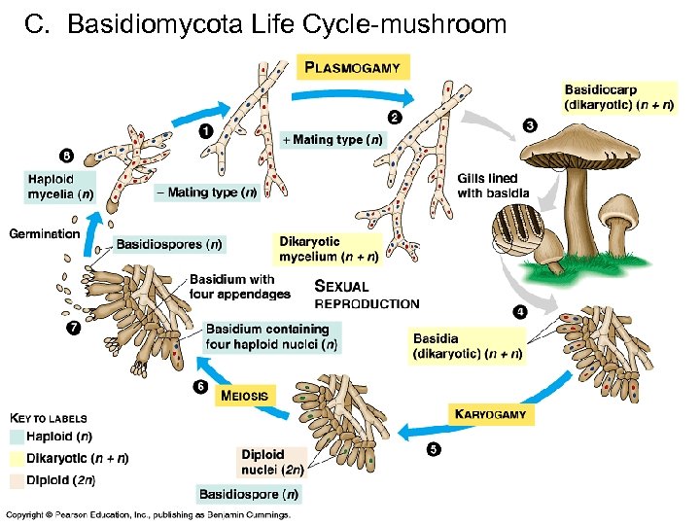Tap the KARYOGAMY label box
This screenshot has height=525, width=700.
[x=491, y=413]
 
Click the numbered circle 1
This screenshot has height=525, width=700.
[x=206, y=131]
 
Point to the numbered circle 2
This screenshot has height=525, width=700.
[x=394, y=118]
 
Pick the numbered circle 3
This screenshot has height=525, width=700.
[x=529, y=124]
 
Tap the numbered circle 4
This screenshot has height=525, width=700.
[x=519, y=311]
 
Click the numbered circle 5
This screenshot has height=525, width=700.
[x=433, y=448]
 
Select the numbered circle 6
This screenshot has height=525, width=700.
[x=200, y=387]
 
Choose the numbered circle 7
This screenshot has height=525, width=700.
[x=74, y=328]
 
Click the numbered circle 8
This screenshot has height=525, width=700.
[x=66, y=155]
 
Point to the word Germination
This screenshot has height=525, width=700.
[x=45, y=233]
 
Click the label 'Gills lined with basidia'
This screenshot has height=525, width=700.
[x=494, y=186]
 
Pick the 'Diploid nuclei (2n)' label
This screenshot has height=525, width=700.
[x=272, y=461]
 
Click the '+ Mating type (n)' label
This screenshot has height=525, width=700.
[x=332, y=139]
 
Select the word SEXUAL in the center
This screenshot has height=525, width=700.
[x=342, y=287]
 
